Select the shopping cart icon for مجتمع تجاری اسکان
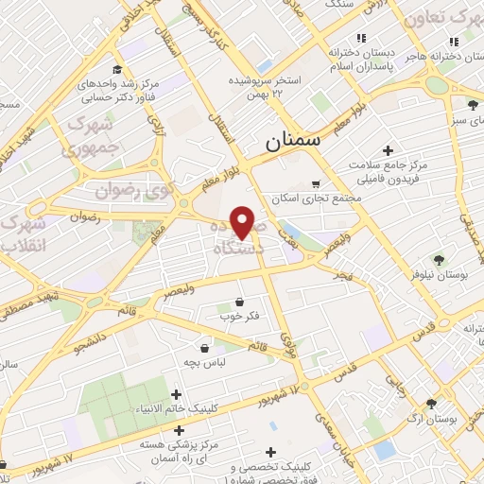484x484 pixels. tap(315, 184)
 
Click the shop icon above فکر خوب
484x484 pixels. tap(239, 303)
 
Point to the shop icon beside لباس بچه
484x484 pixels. tap(203, 348)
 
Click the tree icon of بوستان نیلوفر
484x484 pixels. tap(438, 259)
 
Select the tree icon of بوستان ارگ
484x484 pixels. tap(431, 403)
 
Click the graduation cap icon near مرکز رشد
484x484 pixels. tap(116, 70)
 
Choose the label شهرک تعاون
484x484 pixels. tap(441, 19)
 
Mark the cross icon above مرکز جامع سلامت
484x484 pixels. tap(388, 150)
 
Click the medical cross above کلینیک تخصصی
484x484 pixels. tap(272, 453)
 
